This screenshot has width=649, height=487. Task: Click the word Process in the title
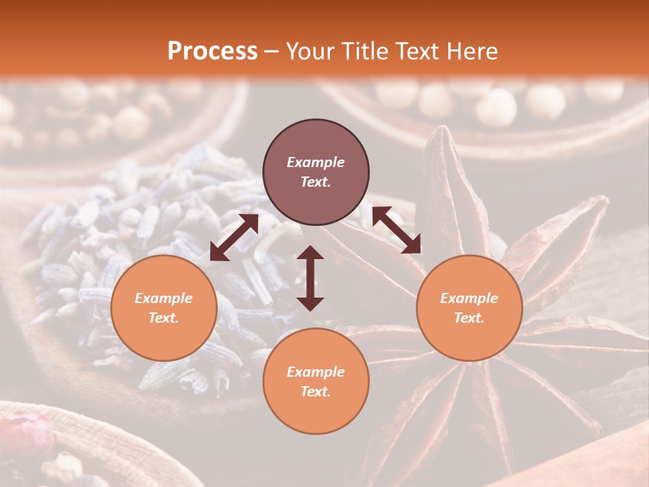(x=212, y=51)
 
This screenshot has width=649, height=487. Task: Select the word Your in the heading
(x=310, y=51)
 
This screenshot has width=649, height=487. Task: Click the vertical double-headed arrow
(x=310, y=278)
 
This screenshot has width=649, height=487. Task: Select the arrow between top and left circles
(x=234, y=237)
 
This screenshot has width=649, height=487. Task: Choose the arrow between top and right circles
(x=396, y=230)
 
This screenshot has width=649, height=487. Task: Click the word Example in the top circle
(x=316, y=162)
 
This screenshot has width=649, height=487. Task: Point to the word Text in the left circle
(x=164, y=318)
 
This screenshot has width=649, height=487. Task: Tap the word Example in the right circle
(x=469, y=298)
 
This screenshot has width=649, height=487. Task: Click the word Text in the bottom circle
(x=316, y=392)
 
